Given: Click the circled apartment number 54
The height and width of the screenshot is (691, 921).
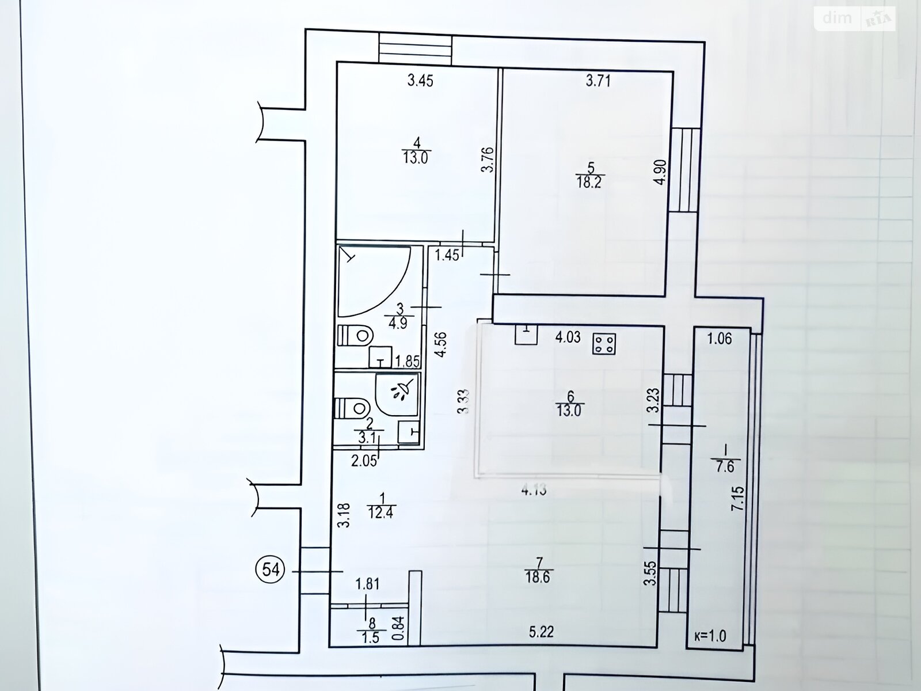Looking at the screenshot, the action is click(271, 569).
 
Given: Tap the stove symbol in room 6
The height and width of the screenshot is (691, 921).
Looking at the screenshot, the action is click(604, 344).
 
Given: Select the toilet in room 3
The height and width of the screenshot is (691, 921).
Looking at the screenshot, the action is click(355, 335).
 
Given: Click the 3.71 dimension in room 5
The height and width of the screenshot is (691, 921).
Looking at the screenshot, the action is click(598, 81).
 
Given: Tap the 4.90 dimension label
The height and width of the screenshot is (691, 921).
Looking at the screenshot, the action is click(660, 172).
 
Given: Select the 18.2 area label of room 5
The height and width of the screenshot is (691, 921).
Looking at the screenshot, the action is click(589, 183).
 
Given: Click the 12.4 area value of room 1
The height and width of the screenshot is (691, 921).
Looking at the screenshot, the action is click(380, 512).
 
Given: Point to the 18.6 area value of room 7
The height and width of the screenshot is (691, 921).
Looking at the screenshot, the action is click(538, 578).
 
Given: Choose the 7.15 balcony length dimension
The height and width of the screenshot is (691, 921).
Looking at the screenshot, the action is click(737, 498).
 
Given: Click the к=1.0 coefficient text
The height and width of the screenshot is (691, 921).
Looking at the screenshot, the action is click(709, 636).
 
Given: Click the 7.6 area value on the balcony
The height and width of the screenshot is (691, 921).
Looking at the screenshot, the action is click(725, 466).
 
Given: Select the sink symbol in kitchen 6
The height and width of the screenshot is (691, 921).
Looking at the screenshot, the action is click(526, 335).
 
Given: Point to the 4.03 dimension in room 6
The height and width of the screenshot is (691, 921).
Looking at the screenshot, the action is click(568, 337).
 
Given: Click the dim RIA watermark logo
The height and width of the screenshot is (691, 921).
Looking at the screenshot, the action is click(855, 19).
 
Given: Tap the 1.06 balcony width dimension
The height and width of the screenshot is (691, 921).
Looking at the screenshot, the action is click(720, 338).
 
